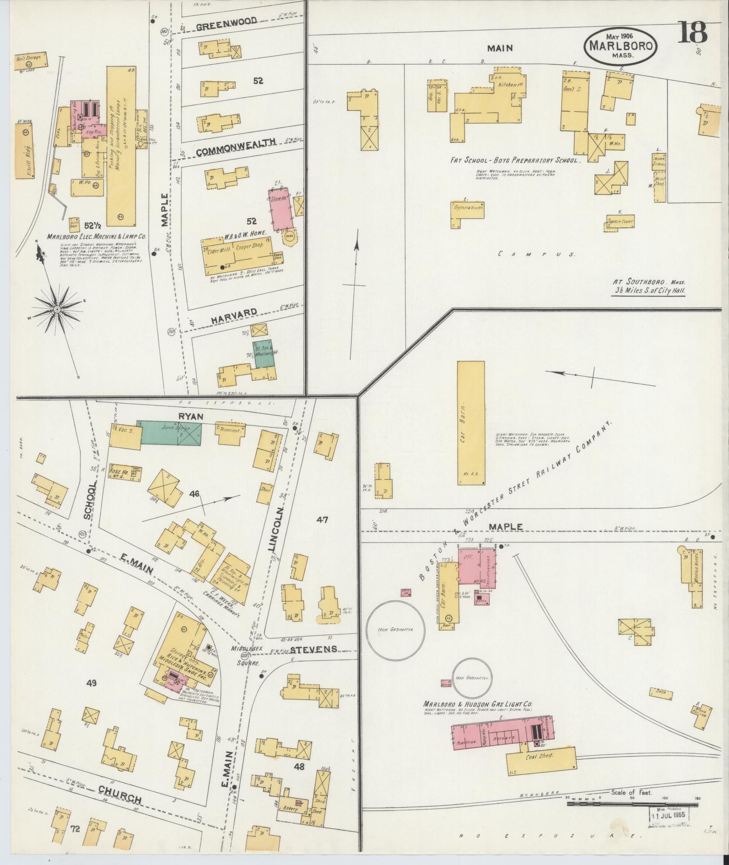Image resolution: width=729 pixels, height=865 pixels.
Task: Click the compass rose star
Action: tap(57, 309)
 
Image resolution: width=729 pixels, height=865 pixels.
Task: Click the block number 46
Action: tap(195, 493)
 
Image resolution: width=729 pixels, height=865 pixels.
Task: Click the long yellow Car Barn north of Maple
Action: tap(470, 423)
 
